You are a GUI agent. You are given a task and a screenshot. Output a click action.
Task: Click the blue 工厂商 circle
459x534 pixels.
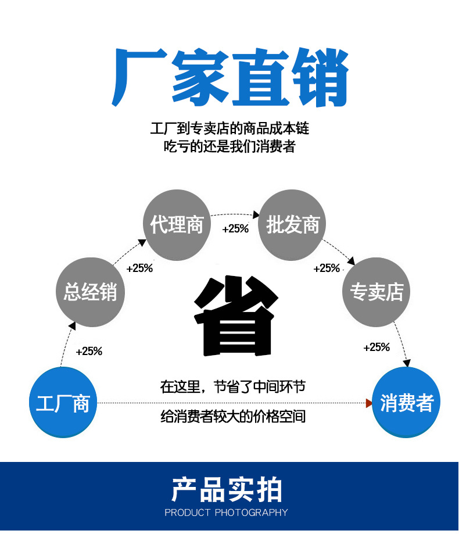63,403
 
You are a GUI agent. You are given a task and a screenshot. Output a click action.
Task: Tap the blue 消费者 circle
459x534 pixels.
406,403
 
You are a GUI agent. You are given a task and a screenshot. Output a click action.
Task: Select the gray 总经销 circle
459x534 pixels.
90,292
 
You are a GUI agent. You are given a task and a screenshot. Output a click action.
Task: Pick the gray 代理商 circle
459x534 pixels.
177,224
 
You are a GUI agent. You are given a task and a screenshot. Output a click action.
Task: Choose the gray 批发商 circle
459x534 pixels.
292,224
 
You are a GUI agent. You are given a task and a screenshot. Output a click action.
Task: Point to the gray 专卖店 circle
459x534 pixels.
376,292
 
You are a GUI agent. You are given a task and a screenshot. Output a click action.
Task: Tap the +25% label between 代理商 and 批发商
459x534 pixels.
235,229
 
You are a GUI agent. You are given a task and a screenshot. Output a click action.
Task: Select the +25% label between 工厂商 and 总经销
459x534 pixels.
89,351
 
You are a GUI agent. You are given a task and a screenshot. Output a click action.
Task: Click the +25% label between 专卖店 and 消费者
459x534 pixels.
376,347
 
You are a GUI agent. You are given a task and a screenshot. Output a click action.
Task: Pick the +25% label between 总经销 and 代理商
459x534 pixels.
139,268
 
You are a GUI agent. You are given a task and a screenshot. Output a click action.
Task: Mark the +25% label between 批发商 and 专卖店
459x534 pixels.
327,268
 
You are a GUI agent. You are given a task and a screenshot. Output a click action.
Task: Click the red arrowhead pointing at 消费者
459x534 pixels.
368,403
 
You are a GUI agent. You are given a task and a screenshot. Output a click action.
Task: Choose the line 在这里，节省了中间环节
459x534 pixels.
233,386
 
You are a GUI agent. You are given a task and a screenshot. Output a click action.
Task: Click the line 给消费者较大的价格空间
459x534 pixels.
233,416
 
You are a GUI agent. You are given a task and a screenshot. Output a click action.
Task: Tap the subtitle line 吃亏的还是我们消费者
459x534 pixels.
229,146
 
